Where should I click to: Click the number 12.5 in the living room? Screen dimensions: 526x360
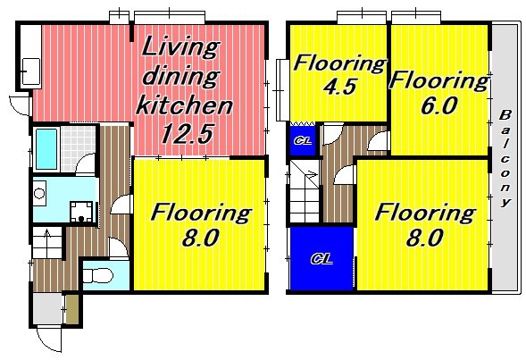[x=187, y=134]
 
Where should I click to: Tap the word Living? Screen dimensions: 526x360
[x=180, y=48]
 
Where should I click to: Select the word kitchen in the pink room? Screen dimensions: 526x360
[x=184, y=105]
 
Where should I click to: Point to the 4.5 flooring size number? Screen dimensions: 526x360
[x=339, y=87]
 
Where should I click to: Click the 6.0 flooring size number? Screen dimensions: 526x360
[x=438, y=105]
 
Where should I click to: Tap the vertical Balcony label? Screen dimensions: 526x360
[x=505, y=158]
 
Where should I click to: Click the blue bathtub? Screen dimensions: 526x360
[x=46, y=149]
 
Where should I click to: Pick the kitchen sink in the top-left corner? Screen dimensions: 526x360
[x=31, y=71]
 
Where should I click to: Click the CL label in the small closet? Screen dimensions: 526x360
[x=303, y=140]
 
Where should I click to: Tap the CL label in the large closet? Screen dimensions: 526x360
[x=321, y=259]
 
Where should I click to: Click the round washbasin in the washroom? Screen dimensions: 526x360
[x=39, y=194]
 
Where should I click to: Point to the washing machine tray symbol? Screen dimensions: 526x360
[x=81, y=212]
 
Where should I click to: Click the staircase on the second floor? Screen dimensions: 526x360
[x=305, y=192]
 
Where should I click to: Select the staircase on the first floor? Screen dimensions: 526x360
[x=47, y=243]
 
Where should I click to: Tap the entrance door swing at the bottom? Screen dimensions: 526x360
[x=49, y=339]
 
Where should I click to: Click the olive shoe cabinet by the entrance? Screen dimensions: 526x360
[x=72, y=310]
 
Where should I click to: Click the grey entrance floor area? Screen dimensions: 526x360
[x=48, y=309]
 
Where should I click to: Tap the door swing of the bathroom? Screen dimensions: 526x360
[x=86, y=163]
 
